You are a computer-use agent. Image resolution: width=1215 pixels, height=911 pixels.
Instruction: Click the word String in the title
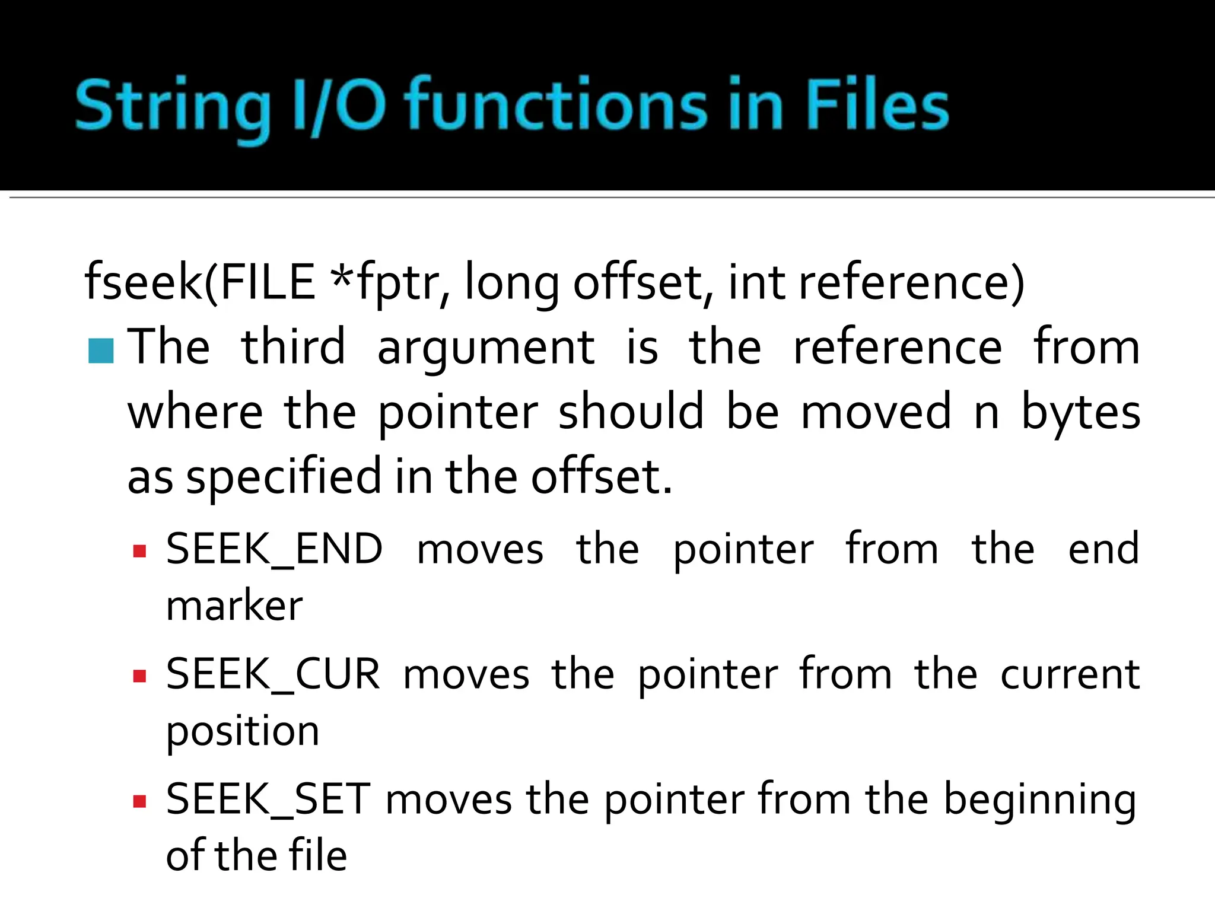[172, 107]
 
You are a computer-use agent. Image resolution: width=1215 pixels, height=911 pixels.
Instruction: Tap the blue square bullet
[100, 351]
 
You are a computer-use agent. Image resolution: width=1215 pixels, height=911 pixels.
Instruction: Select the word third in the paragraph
[293, 347]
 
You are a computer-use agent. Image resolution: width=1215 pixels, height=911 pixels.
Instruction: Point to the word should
[631, 412]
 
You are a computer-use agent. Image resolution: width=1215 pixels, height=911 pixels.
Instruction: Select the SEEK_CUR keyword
[273, 675]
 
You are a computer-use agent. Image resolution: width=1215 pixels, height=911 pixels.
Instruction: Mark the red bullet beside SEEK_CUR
[140, 676]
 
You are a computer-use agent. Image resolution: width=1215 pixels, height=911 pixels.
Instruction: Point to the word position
[243, 731]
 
